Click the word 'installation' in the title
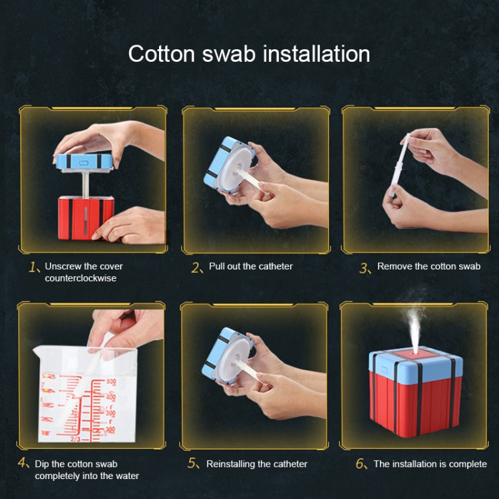coord(317,54)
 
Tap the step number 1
coord(35,267)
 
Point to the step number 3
coord(364,267)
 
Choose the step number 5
coord(194,464)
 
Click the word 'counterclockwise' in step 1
coord(81,278)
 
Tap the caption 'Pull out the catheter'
coord(250,266)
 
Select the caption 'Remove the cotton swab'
coord(428,266)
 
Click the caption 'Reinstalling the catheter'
coord(257,464)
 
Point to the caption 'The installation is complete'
coord(430,464)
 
